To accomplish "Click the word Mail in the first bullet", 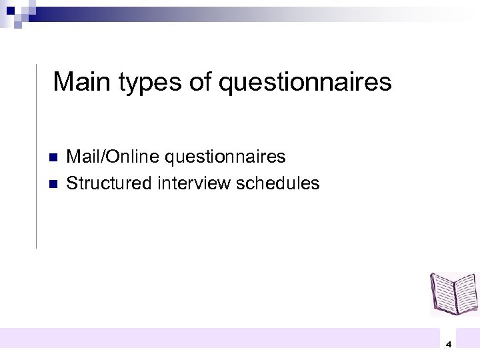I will (83, 157).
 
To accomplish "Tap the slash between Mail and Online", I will (103, 157).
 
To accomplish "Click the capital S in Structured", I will (72, 182).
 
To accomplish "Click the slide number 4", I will (449, 345).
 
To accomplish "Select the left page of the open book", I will (443, 293).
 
